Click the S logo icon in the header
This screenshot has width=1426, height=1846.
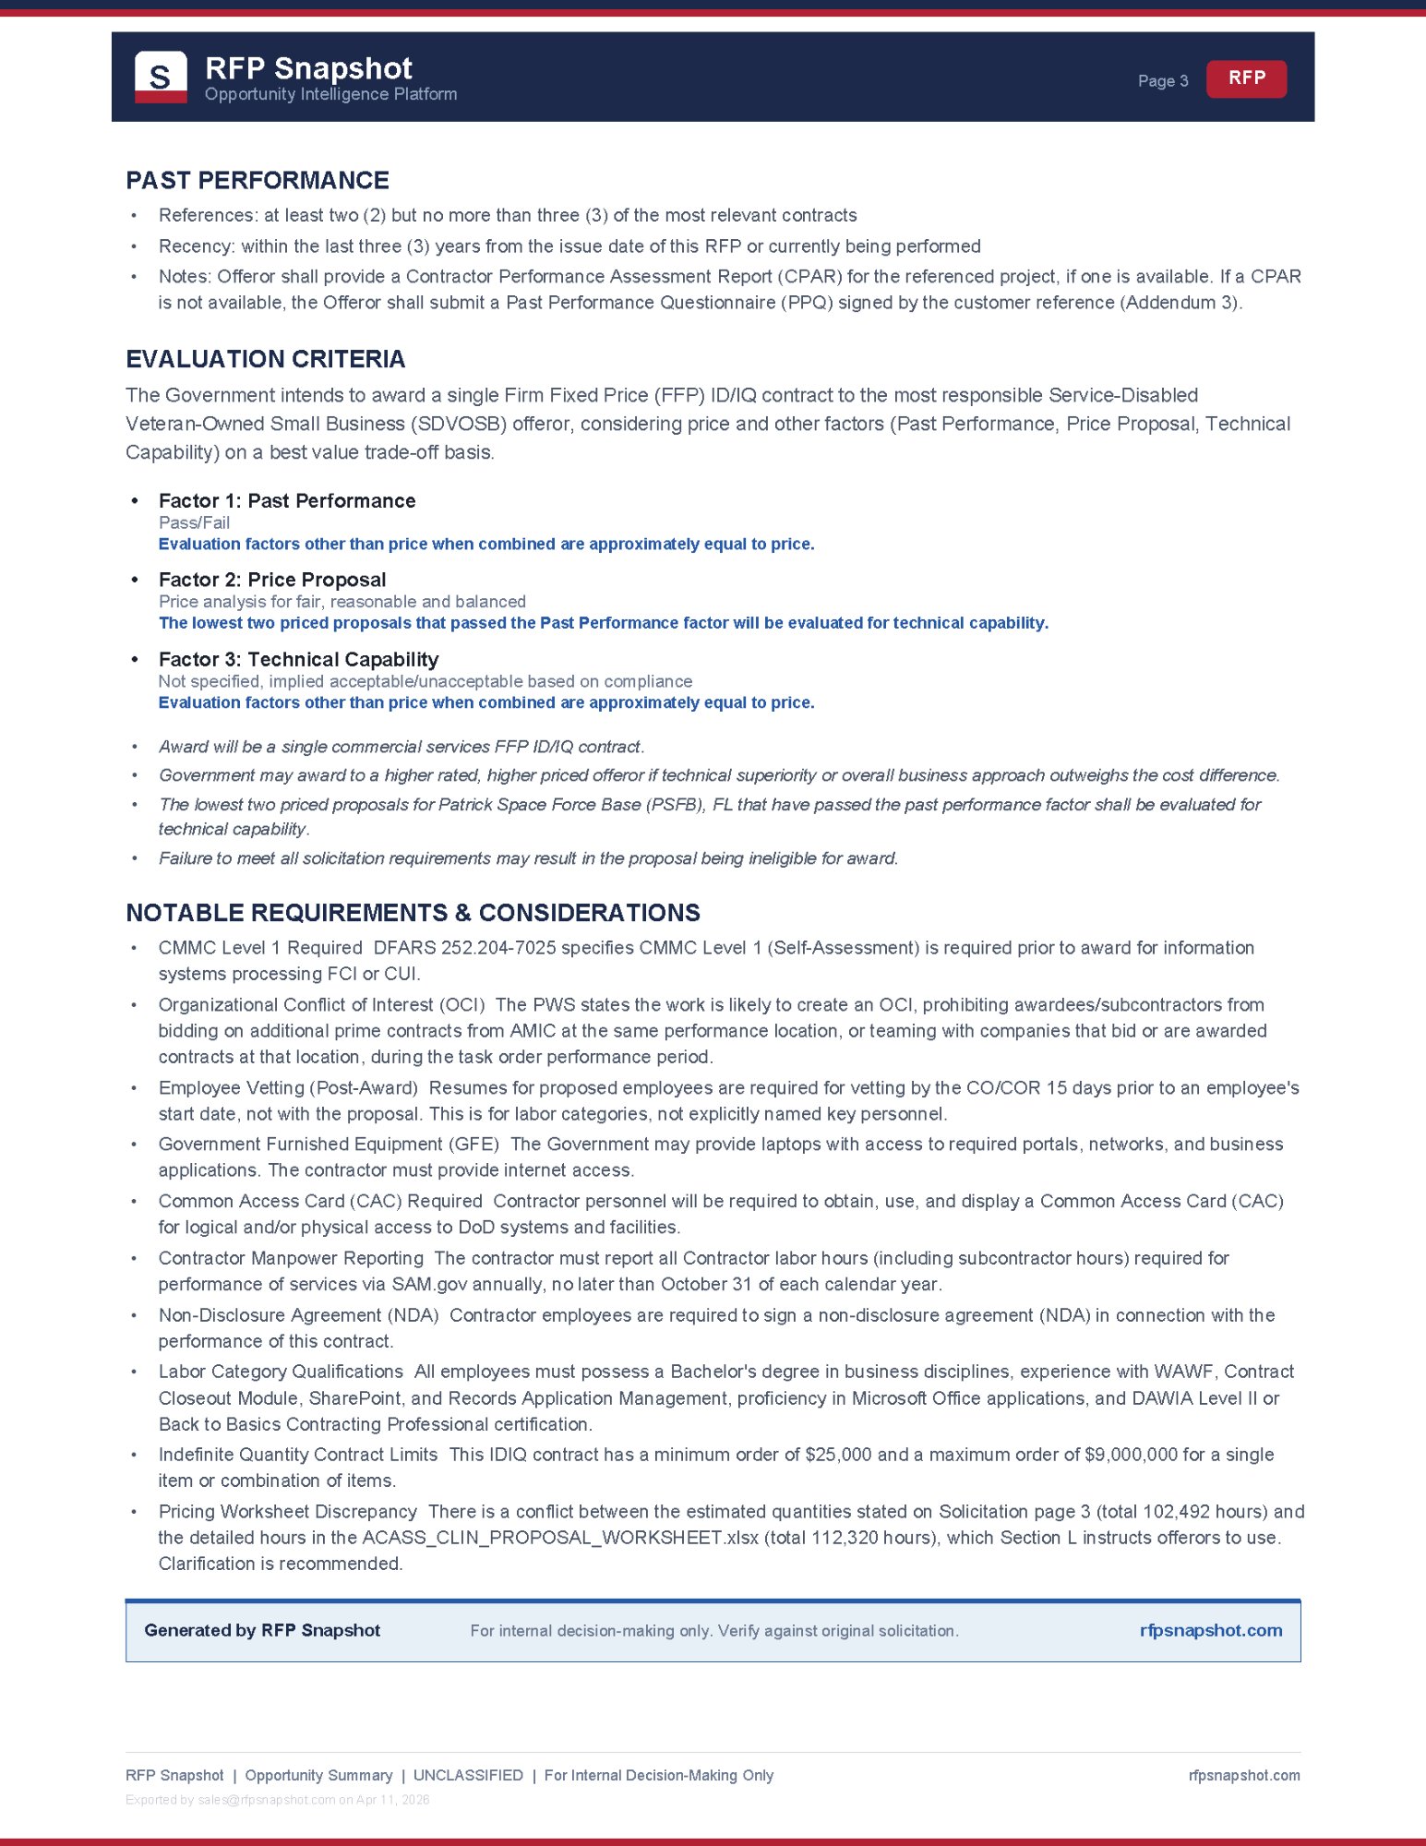(x=161, y=77)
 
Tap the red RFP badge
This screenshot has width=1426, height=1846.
(x=1246, y=78)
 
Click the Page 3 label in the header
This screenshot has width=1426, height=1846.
(x=1162, y=81)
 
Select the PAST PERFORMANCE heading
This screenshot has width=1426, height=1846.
(x=258, y=180)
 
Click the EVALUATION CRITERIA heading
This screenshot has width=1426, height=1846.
(x=266, y=359)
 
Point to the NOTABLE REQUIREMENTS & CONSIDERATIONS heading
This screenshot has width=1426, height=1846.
(x=413, y=913)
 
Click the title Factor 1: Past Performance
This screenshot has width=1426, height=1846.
(x=287, y=501)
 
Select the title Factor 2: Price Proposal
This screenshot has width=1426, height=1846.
(x=272, y=580)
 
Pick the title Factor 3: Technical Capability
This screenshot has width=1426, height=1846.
(x=298, y=659)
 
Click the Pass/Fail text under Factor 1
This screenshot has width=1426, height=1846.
(x=194, y=522)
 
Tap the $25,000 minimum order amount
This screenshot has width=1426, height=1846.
(x=838, y=1455)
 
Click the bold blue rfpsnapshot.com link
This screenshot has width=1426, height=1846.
(x=1210, y=1630)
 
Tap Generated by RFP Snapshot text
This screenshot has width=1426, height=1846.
(x=262, y=1630)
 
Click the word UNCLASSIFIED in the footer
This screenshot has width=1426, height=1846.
(x=468, y=1775)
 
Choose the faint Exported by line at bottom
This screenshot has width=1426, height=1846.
(x=277, y=1800)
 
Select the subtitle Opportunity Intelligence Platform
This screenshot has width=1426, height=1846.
(x=330, y=94)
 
